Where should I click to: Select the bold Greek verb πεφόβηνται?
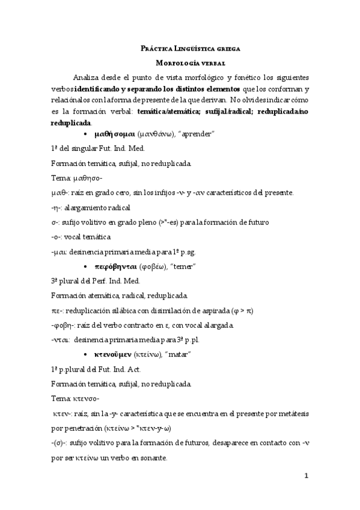pos(116,266)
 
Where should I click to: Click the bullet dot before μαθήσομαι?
pos(87,134)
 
